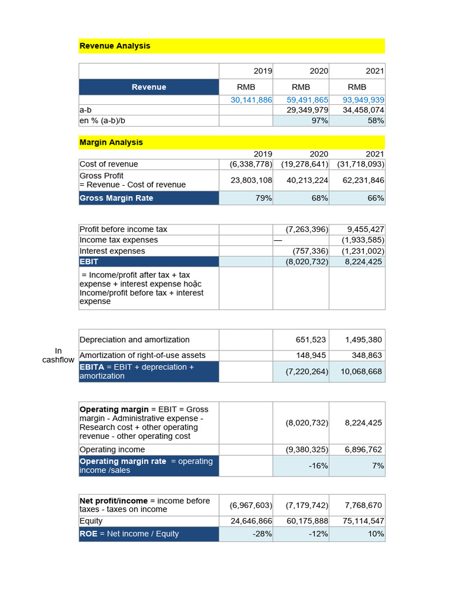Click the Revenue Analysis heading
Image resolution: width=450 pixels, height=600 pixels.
[x=115, y=46]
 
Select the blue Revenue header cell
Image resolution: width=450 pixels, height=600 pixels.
[x=149, y=87]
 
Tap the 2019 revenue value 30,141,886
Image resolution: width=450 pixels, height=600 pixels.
[x=251, y=100]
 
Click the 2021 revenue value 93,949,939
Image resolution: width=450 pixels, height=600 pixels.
[x=363, y=100]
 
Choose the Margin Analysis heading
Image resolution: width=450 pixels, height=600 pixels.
[x=111, y=142]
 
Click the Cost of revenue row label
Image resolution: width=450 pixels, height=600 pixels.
[x=109, y=164]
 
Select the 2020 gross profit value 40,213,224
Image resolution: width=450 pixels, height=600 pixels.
[x=307, y=180]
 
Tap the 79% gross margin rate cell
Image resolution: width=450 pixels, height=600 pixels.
[x=264, y=198]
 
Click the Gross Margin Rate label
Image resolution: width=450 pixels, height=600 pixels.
[x=117, y=198]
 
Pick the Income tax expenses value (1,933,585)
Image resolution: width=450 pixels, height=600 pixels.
[x=363, y=240]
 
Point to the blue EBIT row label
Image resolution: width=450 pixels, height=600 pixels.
[x=90, y=261]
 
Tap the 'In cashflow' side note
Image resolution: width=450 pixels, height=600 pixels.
[x=58, y=355]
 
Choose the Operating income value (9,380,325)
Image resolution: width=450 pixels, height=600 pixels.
[x=307, y=449]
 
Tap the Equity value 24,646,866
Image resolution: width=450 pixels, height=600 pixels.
[x=251, y=521]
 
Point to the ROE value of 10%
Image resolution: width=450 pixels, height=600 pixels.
[x=375, y=534]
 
